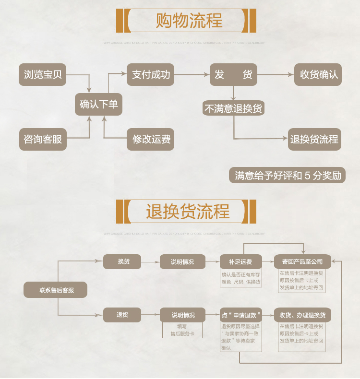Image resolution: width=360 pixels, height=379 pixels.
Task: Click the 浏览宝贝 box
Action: coord(43,75)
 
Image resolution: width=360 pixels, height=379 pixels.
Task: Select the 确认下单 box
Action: coord(98,104)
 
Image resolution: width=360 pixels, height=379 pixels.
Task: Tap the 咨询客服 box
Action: coord(43,140)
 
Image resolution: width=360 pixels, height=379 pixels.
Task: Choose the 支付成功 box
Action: coord(151,75)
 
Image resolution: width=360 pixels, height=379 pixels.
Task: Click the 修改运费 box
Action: coord(151,140)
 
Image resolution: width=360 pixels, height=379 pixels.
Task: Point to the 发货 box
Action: coord(233,75)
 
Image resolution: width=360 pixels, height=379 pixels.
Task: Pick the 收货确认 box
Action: coord(318,75)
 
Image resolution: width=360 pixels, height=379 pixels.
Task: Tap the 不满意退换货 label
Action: coord(233,108)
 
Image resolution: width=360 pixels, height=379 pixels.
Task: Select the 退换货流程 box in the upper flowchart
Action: coord(314,139)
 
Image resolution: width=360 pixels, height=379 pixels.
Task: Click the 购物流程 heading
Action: coord(189,21)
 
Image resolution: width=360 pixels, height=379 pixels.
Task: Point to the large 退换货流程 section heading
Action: coord(188,212)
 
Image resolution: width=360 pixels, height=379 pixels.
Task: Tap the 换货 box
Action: coord(123,261)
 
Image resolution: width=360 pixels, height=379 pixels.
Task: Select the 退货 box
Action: coord(123,315)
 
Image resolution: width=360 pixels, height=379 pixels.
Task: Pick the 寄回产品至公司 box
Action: coord(302,262)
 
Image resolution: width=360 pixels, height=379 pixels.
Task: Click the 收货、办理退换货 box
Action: coord(302,315)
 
